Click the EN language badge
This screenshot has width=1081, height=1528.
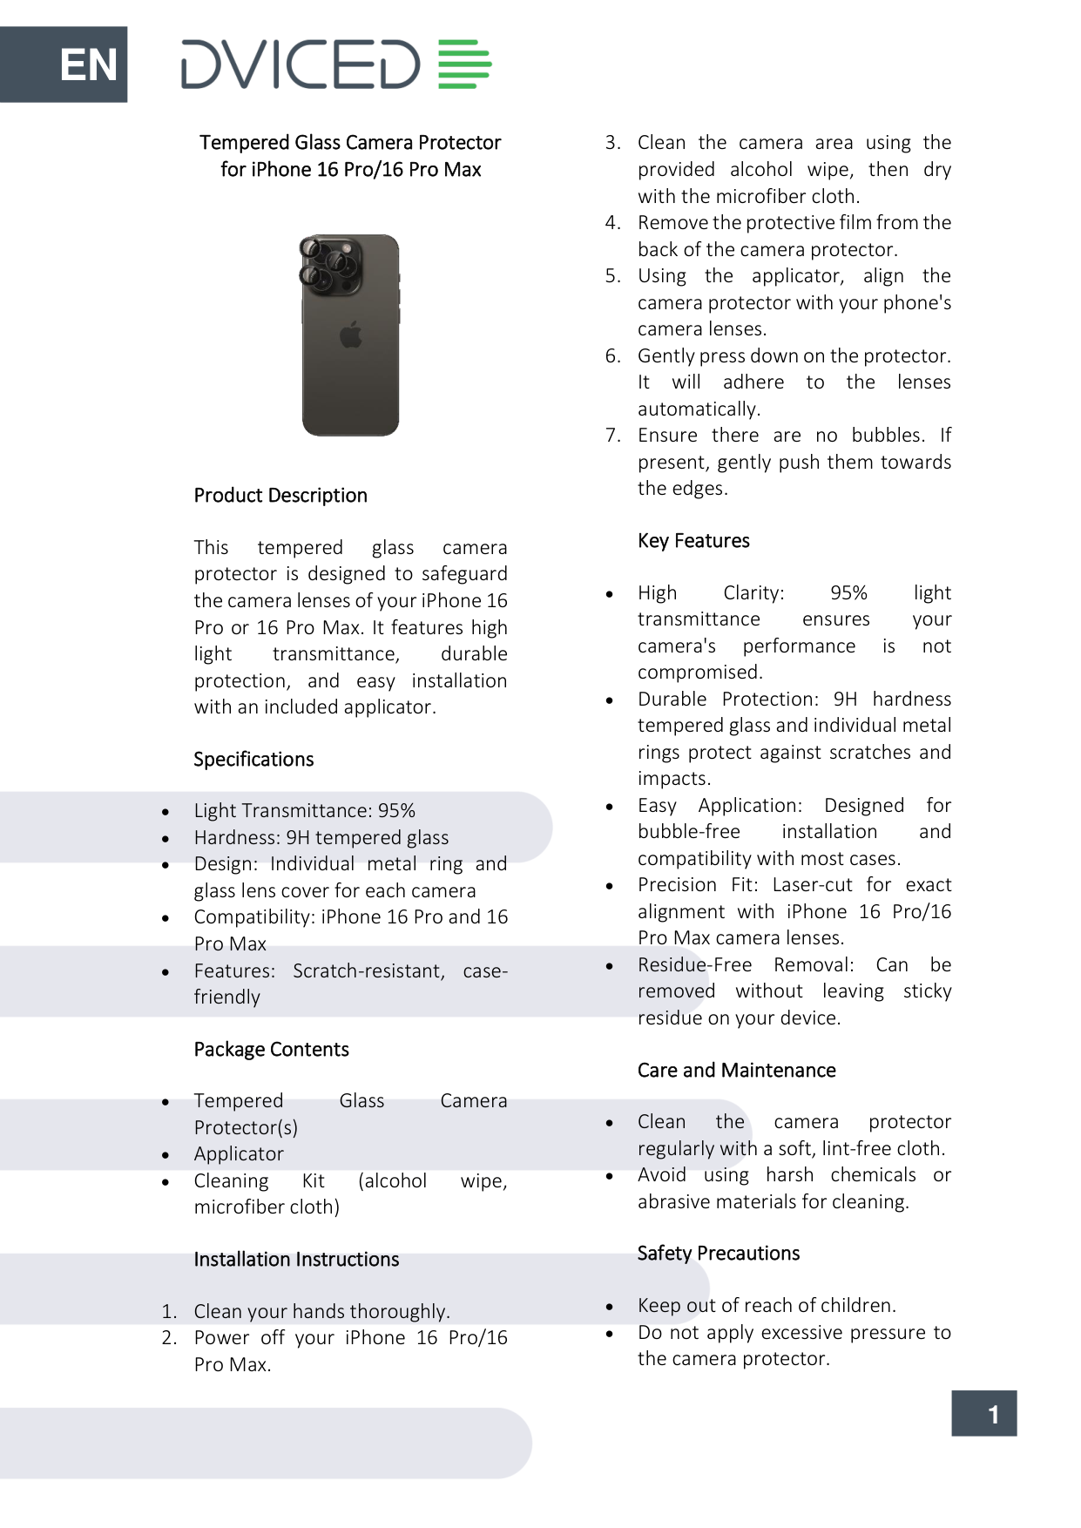87,64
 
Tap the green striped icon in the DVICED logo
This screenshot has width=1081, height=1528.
464,64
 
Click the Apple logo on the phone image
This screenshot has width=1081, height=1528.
351,335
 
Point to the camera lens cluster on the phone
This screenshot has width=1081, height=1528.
329,264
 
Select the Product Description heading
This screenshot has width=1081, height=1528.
280,496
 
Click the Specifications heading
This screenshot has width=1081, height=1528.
253,760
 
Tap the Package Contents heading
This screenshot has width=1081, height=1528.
271,1050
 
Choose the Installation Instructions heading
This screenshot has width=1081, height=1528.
296,1260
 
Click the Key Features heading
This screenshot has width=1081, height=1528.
693,541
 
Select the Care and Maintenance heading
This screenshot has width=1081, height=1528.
736,1071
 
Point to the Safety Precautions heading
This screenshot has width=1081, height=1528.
718,1254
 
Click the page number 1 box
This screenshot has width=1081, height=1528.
983,1414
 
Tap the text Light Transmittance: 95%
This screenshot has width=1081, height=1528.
304,811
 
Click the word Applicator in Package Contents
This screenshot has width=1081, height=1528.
239,1154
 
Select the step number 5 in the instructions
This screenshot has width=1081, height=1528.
612,276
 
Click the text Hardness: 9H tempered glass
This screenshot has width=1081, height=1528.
321,838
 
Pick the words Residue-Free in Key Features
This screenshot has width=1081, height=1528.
694,965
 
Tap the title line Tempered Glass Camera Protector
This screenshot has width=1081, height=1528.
350,143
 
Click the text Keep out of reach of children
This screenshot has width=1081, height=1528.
767,1306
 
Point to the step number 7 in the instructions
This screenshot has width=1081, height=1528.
612,436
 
